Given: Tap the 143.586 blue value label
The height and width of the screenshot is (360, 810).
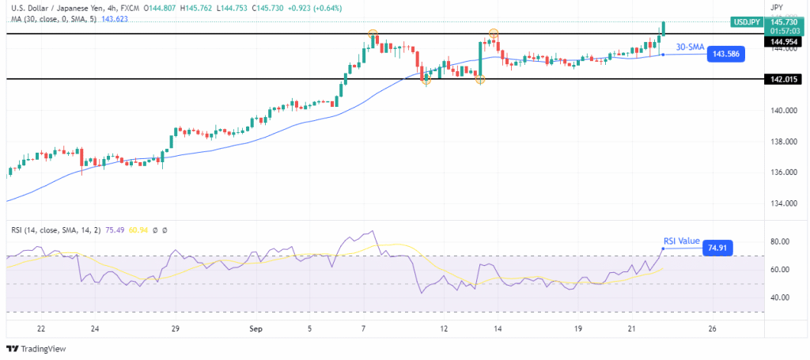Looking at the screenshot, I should click(725, 55).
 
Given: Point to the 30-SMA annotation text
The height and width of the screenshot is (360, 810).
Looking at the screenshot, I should click(690, 47).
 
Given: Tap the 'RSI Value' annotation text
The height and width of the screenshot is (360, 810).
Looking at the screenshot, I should click(680, 241).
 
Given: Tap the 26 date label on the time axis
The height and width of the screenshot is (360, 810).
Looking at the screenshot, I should click(713, 328).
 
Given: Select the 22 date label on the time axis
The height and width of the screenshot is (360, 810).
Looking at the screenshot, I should click(41, 328).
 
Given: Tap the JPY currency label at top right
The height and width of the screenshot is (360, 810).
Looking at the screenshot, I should click(776, 6).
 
